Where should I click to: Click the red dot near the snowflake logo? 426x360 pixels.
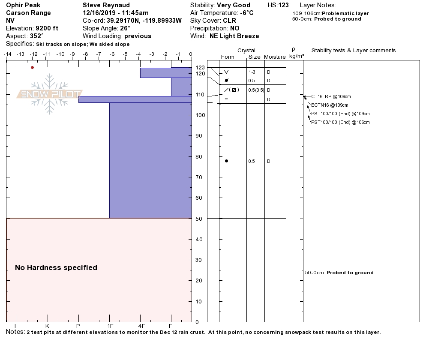click(x=32, y=67)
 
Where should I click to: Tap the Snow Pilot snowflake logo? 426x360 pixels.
click(x=50, y=94)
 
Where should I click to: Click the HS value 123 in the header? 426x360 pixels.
click(x=284, y=6)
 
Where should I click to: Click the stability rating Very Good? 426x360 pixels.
click(x=234, y=6)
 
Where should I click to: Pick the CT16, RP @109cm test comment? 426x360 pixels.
click(x=331, y=96)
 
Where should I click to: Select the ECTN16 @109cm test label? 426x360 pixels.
click(x=330, y=105)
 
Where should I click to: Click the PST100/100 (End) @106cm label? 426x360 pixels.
click(x=340, y=122)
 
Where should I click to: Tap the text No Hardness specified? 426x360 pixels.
click(x=56, y=267)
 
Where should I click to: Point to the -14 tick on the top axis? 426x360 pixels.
click(x=7, y=54)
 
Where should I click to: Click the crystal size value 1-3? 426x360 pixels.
click(x=252, y=72)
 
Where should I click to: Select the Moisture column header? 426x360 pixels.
click(x=275, y=57)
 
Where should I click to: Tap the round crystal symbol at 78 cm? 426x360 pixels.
click(x=226, y=161)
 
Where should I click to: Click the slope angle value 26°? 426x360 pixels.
click(x=125, y=28)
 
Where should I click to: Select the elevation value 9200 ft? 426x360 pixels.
click(x=47, y=28)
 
